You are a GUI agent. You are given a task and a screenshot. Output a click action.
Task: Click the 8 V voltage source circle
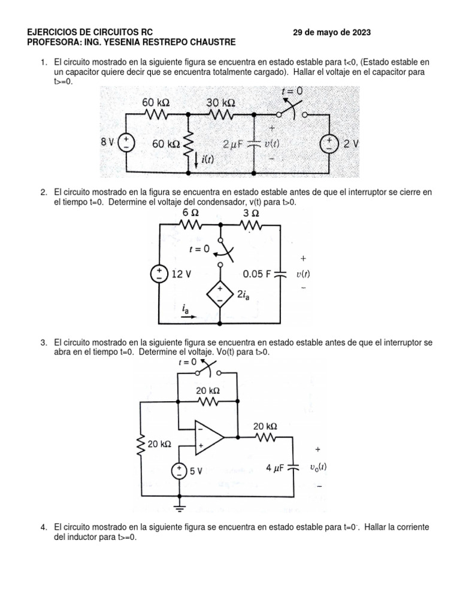[x=127, y=143]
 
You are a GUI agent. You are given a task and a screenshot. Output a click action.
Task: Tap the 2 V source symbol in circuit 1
[x=330, y=144]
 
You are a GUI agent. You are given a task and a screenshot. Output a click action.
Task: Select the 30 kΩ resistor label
[x=220, y=102]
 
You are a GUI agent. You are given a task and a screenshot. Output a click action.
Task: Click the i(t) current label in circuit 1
[x=207, y=159]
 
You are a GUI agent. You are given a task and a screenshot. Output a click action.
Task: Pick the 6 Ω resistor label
[x=190, y=214]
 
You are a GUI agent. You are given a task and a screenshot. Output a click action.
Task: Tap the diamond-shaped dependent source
[x=219, y=293]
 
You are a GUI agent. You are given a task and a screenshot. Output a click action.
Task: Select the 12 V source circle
[x=159, y=274]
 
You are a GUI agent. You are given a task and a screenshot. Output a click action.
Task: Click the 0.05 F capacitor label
[x=257, y=274]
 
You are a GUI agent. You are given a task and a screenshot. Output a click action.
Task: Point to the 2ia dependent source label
[x=245, y=293]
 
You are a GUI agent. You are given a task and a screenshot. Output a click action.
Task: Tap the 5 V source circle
[x=180, y=471]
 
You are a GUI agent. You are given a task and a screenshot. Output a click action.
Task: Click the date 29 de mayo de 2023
[x=331, y=32]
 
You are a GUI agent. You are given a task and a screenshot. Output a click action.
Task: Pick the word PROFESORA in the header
[x=53, y=42]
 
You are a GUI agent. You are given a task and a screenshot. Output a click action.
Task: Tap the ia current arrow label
[x=187, y=309]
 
